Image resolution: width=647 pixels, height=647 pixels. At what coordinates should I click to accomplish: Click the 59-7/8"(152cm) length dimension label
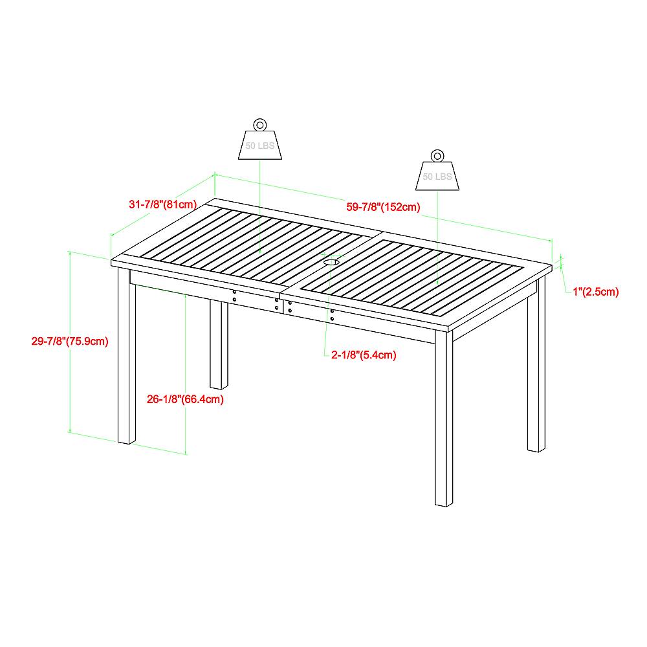click(x=384, y=207)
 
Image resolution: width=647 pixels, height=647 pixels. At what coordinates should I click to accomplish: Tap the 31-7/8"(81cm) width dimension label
click(x=162, y=204)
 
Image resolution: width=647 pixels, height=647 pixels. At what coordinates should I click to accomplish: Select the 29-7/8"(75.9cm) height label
click(x=69, y=341)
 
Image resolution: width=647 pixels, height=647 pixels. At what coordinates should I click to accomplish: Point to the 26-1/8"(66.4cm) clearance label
click(x=185, y=399)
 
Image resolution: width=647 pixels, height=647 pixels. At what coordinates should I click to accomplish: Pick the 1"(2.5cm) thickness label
click(x=596, y=291)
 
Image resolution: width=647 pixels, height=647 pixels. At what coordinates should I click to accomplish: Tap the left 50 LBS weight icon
click(x=259, y=145)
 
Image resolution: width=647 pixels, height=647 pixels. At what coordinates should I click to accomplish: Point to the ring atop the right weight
click(x=437, y=155)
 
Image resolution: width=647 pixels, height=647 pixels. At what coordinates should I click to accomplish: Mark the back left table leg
click(x=219, y=343)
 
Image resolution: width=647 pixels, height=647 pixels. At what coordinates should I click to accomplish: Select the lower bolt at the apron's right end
click(x=333, y=319)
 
